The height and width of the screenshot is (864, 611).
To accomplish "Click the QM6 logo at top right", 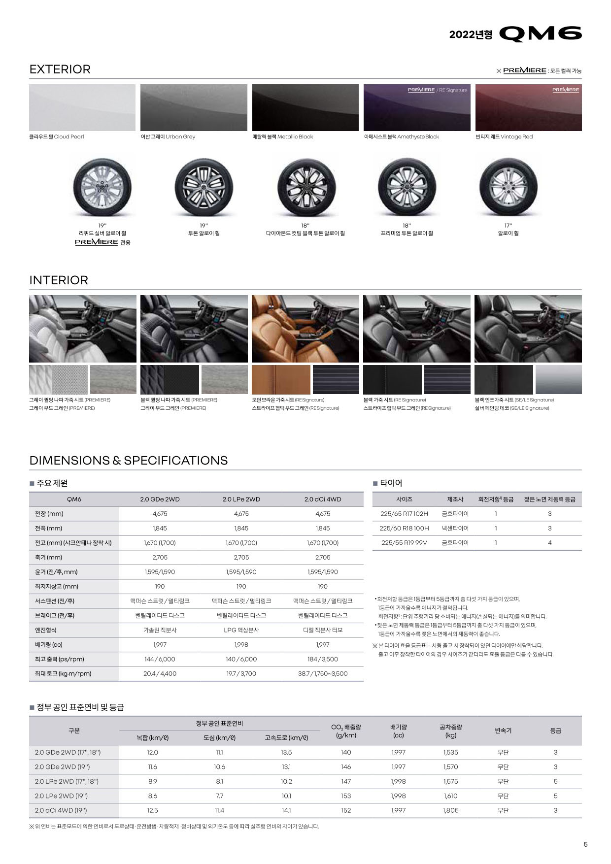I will (x=540, y=33).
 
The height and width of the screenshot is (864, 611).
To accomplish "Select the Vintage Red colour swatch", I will (x=528, y=107).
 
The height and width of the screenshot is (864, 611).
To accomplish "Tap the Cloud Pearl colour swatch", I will (x=82, y=107).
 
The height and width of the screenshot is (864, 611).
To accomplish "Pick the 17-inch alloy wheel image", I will (x=508, y=187).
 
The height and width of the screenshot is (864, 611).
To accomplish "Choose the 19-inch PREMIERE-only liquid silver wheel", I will (x=102, y=187).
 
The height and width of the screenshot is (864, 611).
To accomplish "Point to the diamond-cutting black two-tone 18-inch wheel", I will (x=305, y=187).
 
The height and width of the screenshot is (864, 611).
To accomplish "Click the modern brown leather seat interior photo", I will (x=305, y=329).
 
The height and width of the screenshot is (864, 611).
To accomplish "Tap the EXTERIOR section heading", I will (x=60, y=69).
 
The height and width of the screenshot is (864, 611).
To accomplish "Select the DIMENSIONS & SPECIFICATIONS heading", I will (x=129, y=461).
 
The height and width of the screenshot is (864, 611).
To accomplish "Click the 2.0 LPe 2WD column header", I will (x=241, y=499).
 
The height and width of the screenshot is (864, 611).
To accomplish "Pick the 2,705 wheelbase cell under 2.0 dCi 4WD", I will (x=323, y=558).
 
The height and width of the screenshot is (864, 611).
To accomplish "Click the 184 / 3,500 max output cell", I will (x=323, y=659).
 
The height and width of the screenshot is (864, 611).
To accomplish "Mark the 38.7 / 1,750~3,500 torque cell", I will (x=323, y=674).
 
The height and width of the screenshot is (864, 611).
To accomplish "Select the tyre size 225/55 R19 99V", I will (x=404, y=543).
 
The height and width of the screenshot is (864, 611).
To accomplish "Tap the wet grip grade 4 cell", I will (x=549, y=543).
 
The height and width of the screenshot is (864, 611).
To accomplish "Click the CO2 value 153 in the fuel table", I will (x=346, y=796).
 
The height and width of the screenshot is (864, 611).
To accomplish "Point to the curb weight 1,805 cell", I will (x=450, y=810).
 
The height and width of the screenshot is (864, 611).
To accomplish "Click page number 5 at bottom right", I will (x=585, y=844).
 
